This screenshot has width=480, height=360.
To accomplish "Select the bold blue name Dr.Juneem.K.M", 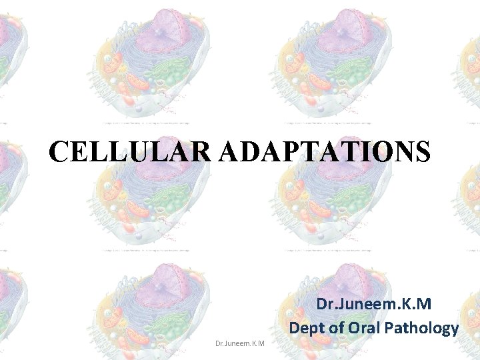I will [374, 305].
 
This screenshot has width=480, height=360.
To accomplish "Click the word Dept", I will [309, 328].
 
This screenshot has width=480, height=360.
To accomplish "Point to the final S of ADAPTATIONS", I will [422, 152].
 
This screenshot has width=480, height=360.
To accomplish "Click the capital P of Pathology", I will [399, 328].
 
